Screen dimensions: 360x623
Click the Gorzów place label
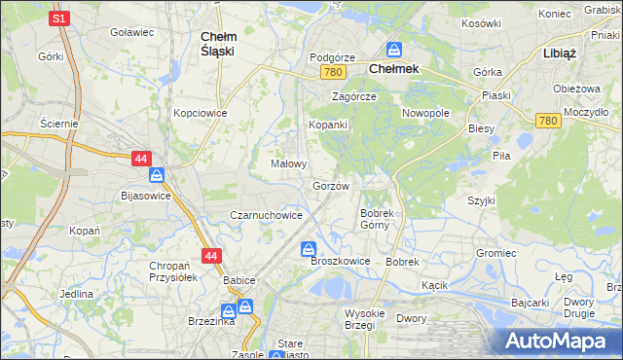coord(330,185)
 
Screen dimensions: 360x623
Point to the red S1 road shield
coord(60,18)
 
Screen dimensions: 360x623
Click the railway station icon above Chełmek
coord(395,50)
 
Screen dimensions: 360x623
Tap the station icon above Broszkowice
coord(309,248)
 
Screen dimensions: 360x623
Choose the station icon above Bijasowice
coord(157,176)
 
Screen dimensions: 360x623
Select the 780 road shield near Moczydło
coord(546,120)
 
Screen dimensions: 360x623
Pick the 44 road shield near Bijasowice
coord(141,158)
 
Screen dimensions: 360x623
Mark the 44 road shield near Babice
coord(211,256)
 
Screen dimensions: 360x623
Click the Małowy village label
coord(289,164)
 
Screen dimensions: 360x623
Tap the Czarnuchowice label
coord(265,215)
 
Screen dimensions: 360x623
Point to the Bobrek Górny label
coord(376,219)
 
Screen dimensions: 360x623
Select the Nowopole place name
coord(425,113)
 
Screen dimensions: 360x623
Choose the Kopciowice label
coord(200,113)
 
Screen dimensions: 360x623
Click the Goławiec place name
coord(132,32)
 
